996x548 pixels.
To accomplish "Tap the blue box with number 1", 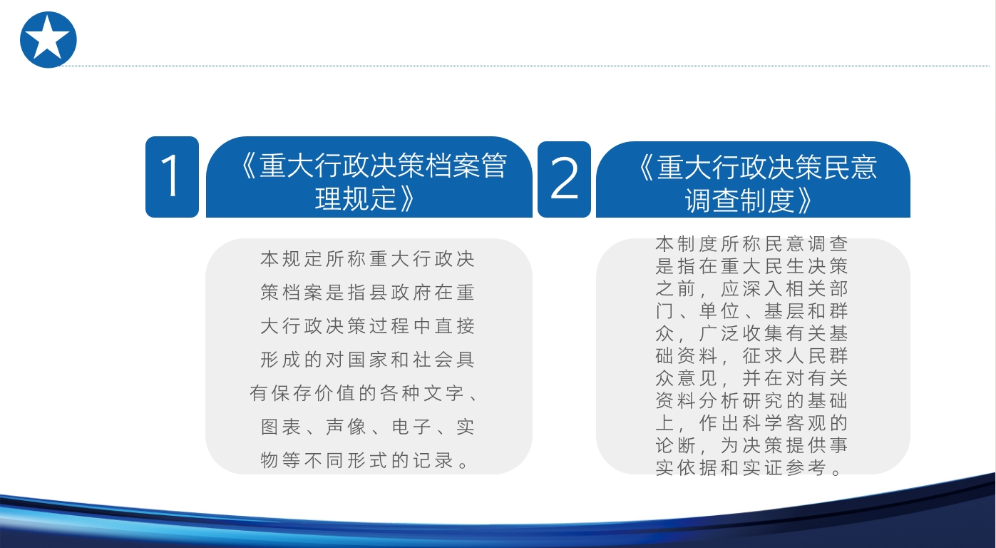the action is pyautogui.click(x=172, y=177).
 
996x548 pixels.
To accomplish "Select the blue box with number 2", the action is pyautogui.click(x=564, y=179).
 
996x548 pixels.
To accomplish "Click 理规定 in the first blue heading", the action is pyautogui.click(x=355, y=198).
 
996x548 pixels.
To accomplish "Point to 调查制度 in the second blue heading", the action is pyautogui.click(x=739, y=201).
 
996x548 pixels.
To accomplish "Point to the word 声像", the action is pyautogui.click(x=346, y=427).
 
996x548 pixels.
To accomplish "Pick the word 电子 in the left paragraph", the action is pyautogui.click(x=411, y=427).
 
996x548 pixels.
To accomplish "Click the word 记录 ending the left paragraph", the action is pyautogui.click(x=433, y=460).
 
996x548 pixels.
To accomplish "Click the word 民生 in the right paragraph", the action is pyautogui.click(x=784, y=267).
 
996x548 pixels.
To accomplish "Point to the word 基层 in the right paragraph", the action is pyautogui.click(x=784, y=311).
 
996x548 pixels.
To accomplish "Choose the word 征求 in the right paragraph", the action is pyautogui.click(x=763, y=356).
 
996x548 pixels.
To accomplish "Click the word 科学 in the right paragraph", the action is pyautogui.click(x=763, y=423).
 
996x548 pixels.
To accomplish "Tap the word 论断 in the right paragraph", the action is pyautogui.click(x=675, y=445).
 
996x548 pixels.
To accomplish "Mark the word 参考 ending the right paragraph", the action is pyautogui.click(x=806, y=467).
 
